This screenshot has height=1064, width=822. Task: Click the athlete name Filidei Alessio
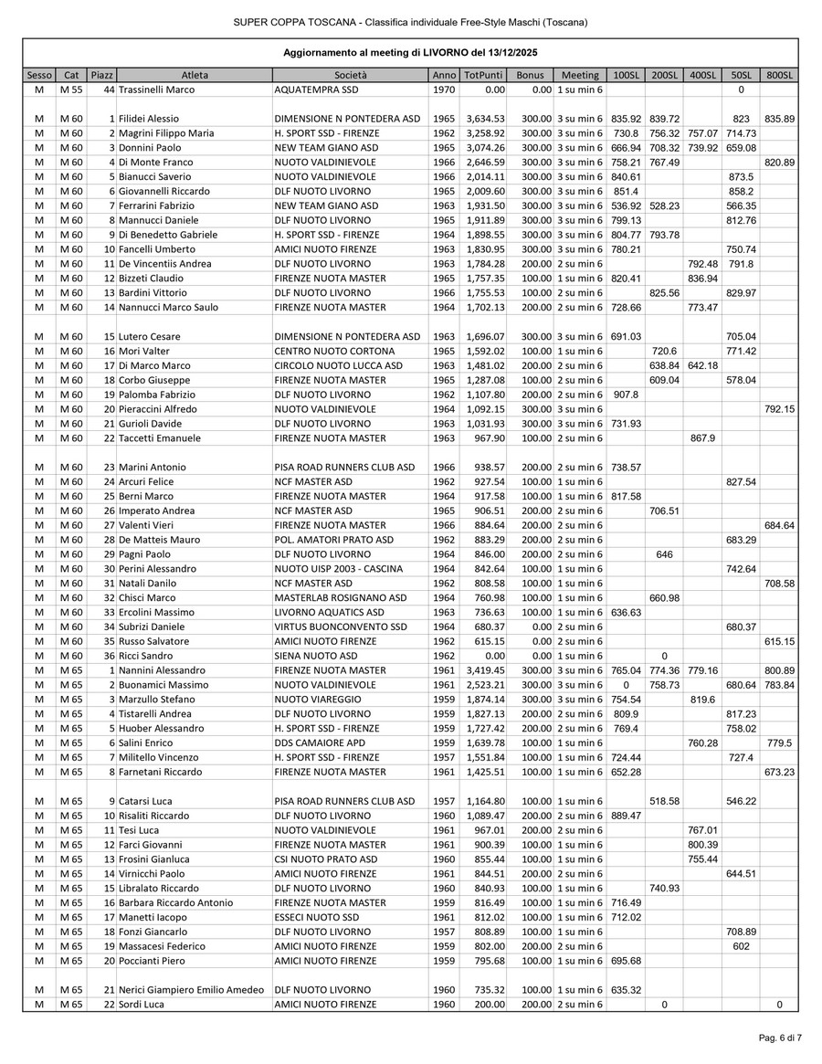(x=149, y=119)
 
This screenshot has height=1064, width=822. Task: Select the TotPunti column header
(x=482, y=75)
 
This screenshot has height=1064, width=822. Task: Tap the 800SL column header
(x=779, y=75)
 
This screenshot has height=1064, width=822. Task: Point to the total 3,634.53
(x=485, y=119)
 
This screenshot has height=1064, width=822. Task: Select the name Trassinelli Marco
(x=155, y=90)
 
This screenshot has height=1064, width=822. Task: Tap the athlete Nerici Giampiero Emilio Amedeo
(x=191, y=990)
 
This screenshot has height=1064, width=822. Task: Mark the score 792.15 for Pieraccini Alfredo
(x=779, y=409)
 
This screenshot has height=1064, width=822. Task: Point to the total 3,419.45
(x=485, y=670)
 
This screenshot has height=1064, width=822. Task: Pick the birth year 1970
(x=444, y=90)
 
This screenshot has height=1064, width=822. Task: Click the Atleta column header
(x=195, y=75)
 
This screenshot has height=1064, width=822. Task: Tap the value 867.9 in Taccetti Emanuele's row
(x=702, y=438)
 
